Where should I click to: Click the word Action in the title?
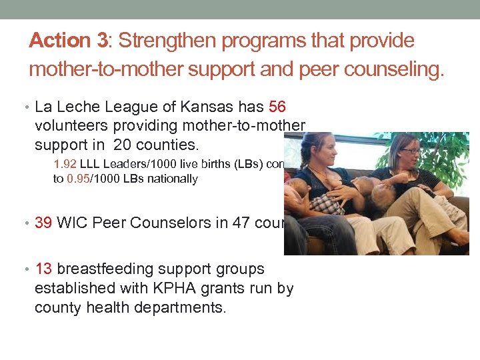click(x=60, y=41)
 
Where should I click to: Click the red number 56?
click(x=279, y=107)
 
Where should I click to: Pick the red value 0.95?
click(x=78, y=179)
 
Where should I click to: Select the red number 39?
click(x=44, y=223)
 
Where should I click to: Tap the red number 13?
click(x=44, y=269)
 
